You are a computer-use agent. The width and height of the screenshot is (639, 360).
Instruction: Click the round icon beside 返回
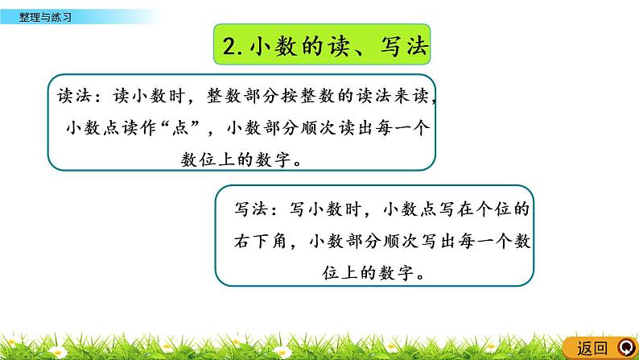(624, 347)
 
